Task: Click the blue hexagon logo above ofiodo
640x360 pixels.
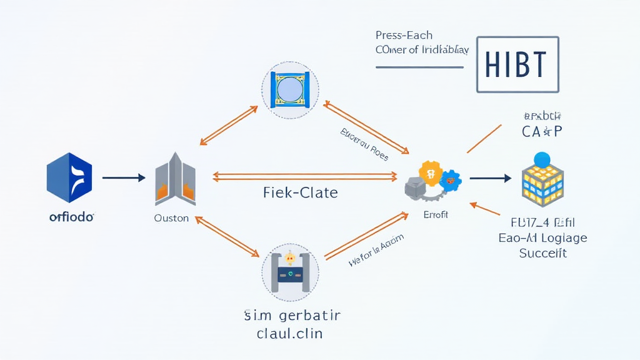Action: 69,177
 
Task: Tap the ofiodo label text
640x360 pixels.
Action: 71,217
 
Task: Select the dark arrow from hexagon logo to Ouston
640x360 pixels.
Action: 123,178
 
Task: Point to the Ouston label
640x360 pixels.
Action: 171,219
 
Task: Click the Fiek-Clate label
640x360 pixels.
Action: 301,193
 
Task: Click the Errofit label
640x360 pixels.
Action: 435,214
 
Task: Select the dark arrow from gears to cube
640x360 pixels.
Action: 490,179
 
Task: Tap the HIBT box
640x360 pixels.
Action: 517,64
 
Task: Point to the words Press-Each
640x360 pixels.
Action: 403,35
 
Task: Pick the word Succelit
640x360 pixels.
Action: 542,253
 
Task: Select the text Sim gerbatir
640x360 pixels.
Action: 289,314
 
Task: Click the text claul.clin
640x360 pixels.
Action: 289,333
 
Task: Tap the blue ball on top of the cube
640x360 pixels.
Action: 541,159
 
